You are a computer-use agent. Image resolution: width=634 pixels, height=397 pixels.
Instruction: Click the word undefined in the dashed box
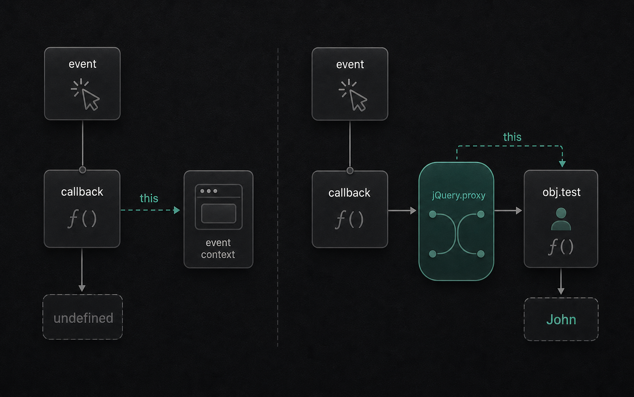[x=83, y=318]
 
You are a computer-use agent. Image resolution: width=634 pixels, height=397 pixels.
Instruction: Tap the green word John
[x=561, y=320]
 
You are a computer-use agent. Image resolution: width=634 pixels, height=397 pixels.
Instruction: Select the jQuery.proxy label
[x=459, y=196]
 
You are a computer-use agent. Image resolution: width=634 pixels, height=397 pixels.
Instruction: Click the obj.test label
[x=561, y=192]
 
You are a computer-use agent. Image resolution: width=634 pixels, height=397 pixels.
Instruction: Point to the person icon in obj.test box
[x=561, y=219]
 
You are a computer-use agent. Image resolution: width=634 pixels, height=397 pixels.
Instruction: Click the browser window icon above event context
[x=219, y=207]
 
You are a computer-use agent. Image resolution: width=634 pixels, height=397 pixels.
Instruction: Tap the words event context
[x=218, y=249]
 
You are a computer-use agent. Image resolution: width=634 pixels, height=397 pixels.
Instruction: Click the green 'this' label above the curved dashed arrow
[x=512, y=137]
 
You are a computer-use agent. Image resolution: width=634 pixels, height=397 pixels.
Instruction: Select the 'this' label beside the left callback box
[x=149, y=198]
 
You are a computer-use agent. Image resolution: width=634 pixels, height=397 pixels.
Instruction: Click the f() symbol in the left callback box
[x=82, y=219]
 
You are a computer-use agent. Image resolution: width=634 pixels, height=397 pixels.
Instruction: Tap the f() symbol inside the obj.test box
[x=561, y=247]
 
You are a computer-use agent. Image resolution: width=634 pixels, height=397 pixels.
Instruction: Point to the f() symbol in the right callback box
[x=349, y=219]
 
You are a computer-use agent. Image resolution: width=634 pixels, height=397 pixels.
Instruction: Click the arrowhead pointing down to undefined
[x=82, y=289]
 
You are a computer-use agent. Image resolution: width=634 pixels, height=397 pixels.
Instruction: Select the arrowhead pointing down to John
[x=561, y=291]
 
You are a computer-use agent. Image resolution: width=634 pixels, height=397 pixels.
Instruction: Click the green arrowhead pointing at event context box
[x=177, y=210]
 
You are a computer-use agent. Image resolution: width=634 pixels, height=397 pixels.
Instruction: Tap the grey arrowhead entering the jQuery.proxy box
[x=413, y=211]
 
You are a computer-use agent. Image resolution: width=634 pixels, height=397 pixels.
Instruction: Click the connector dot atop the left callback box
[x=82, y=170]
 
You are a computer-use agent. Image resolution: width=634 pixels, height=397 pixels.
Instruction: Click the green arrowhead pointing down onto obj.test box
[x=562, y=164]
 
